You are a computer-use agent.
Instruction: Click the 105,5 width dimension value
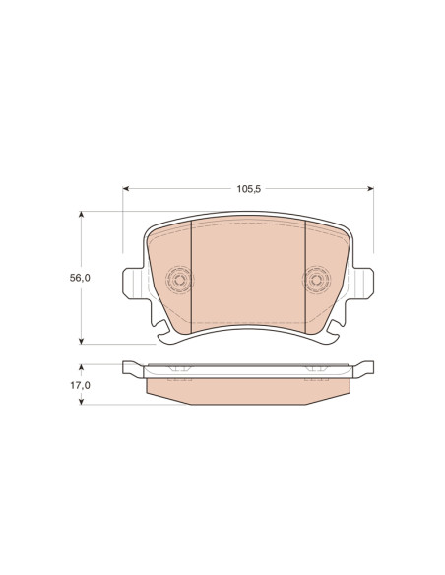(x=248, y=189)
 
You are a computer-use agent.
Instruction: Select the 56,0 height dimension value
(x=80, y=278)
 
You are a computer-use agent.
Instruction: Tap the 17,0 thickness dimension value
(x=81, y=385)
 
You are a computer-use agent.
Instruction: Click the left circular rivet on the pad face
(x=179, y=280)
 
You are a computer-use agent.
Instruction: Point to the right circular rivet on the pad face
(x=315, y=280)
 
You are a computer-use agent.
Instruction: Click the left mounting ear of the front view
(x=133, y=284)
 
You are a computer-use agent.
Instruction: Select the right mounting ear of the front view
(x=363, y=284)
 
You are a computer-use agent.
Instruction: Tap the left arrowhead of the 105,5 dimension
(x=126, y=188)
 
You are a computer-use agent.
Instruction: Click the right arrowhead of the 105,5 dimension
(x=370, y=188)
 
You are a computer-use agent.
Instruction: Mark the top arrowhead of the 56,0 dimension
(x=82, y=215)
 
